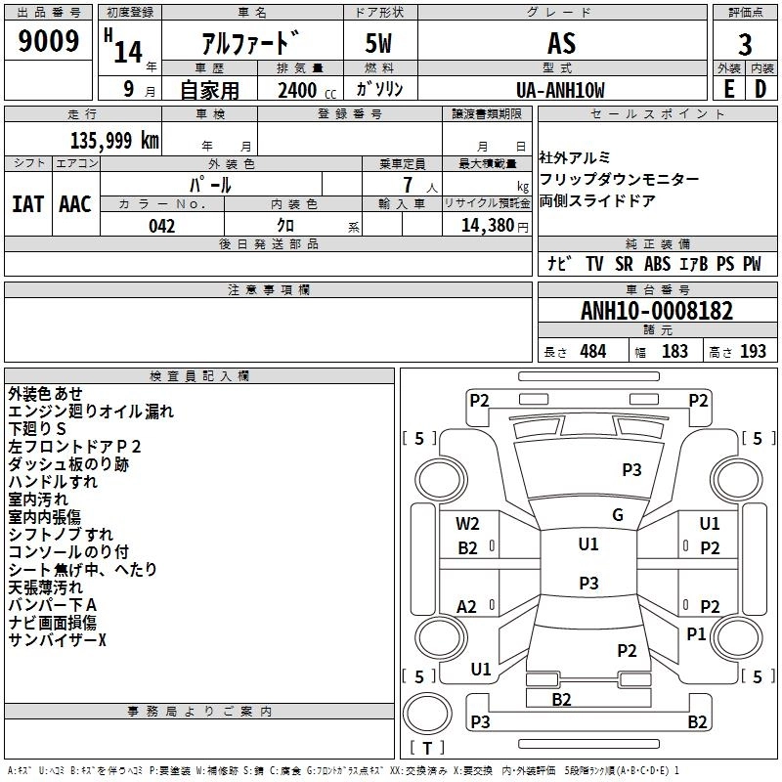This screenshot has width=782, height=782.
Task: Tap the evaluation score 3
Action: [x=745, y=44]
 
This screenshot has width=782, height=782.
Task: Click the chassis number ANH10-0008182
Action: [x=656, y=311]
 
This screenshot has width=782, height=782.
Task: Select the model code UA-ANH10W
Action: [x=560, y=90]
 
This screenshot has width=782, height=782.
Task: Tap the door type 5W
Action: [x=378, y=44]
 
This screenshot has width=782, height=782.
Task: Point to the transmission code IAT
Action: [x=27, y=204]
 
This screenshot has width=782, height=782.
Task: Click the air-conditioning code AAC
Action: [x=75, y=204]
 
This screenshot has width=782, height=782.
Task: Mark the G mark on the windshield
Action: [x=618, y=515]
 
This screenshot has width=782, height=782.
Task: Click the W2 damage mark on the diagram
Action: [x=468, y=524]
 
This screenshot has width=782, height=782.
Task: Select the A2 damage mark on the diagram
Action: [x=467, y=607]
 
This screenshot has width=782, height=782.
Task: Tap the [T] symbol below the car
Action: [x=427, y=749]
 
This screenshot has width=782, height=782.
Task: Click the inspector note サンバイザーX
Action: [x=57, y=639]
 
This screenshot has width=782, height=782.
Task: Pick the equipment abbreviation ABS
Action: [x=657, y=264]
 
